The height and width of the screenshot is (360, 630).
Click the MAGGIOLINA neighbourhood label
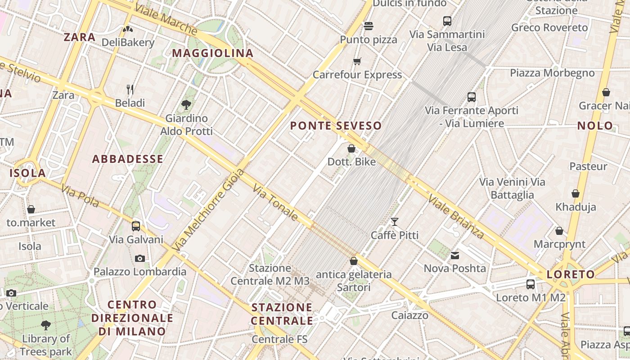pyautogui.click(x=213, y=53)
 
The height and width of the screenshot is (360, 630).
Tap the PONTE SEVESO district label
pyautogui.click(x=336, y=126)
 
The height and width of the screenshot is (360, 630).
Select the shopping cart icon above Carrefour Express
pyautogui.click(x=357, y=61)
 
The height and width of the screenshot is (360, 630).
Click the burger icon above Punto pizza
pyautogui.click(x=369, y=26)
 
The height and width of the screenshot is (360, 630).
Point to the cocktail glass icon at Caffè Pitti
pyautogui.click(x=395, y=221)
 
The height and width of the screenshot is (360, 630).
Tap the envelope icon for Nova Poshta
pyautogui.click(x=455, y=256)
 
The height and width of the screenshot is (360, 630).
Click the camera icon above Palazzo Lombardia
pyautogui.click(x=140, y=258)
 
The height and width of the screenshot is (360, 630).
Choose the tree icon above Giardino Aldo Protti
pyautogui.click(x=186, y=105)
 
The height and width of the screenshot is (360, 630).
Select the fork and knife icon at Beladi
pyautogui.click(x=130, y=90)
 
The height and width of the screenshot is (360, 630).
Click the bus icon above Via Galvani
pyautogui.click(x=136, y=226)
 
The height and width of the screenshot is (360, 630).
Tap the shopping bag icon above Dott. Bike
pyautogui.click(x=351, y=148)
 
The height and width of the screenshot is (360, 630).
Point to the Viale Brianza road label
pyautogui.click(x=456, y=216)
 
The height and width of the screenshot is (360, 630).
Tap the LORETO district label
pyautogui.click(x=571, y=274)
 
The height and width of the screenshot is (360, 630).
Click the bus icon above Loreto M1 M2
pyautogui.click(x=531, y=284)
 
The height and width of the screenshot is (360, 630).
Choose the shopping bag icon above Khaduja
pyautogui.click(x=576, y=194)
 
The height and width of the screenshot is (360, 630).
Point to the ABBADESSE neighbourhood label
pyautogui.click(x=128, y=159)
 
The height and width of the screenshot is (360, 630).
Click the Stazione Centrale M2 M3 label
pyautogui.click(x=270, y=274)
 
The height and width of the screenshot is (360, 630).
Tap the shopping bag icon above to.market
pyautogui.click(x=31, y=209)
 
